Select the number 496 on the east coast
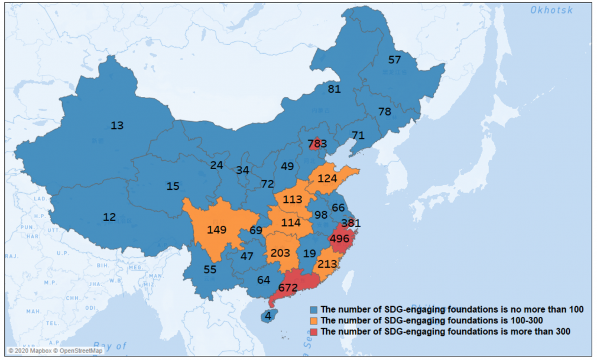coord(339,239)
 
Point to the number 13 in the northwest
coord(117,125)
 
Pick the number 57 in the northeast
coord(394,60)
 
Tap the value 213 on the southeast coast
coord(327,264)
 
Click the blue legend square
coord(315,310)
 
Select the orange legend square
coord(315,320)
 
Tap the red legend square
coord(315,332)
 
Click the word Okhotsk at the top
coord(551,10)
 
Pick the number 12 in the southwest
coord(109,218)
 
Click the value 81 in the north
coord(335,89)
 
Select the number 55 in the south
coord(210,269)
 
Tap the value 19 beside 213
coord(309,254)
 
